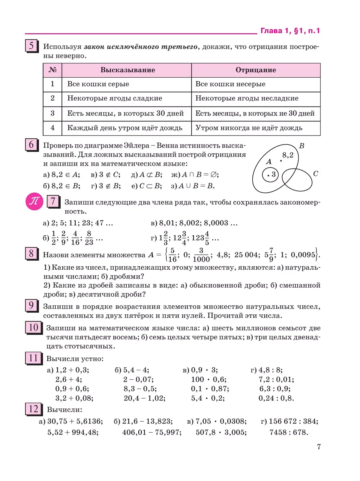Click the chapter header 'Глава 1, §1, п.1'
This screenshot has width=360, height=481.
pos(290,31)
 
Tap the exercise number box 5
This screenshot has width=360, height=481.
pos(31,46)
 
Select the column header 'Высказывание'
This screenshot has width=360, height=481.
pos(127,70)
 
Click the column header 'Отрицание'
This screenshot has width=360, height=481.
pos(256,70)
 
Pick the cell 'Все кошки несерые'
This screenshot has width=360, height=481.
pos(230,84)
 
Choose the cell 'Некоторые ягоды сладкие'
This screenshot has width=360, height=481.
pos(115,98)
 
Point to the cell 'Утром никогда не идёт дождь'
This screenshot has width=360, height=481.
pos(249,128)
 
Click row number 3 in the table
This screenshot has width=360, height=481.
pos(52,113)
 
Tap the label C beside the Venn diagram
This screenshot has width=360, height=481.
pos(315,174)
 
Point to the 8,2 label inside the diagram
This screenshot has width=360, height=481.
pos(288,155)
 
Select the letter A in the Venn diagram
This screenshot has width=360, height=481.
pos(268,162)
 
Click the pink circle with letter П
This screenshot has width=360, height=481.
pos(34,201)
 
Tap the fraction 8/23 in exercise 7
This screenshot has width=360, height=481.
pos(89,238)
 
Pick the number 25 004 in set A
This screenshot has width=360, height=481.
pos(247,255)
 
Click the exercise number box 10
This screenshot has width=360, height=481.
pos(33,327)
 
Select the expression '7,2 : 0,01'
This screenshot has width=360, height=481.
pos(276,380)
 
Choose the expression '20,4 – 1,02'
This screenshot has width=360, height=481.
pos(144,398)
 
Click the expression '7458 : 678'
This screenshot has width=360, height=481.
pos(288,432)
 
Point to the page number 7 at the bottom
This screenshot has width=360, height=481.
pos(319,447)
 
